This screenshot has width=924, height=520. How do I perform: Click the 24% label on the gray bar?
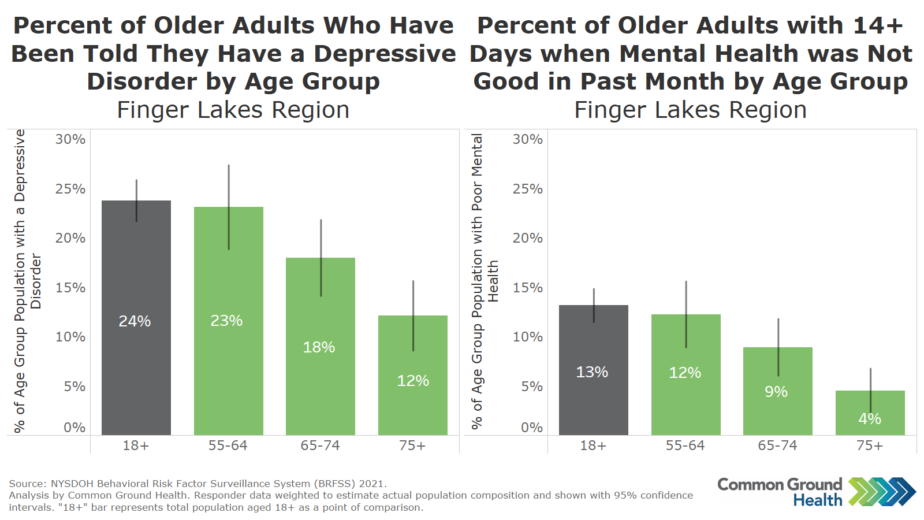tap(135, 321)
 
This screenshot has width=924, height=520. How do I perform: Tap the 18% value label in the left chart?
tap(319, 347)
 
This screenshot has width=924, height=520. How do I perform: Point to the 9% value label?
tap(776, 392)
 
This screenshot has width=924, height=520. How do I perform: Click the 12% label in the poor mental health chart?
tap(685, 373)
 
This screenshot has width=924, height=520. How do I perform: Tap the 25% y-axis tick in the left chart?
tap(70, 189)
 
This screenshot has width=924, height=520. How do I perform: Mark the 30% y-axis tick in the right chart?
tap(527, 139)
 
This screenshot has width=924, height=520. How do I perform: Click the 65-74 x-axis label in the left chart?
tap(320, 445)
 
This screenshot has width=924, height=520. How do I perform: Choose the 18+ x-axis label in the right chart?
tap(593, 445)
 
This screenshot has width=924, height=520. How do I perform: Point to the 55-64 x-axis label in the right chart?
tap(685, 445)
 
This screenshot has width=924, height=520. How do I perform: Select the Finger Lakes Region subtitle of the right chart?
tap(690, 110)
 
